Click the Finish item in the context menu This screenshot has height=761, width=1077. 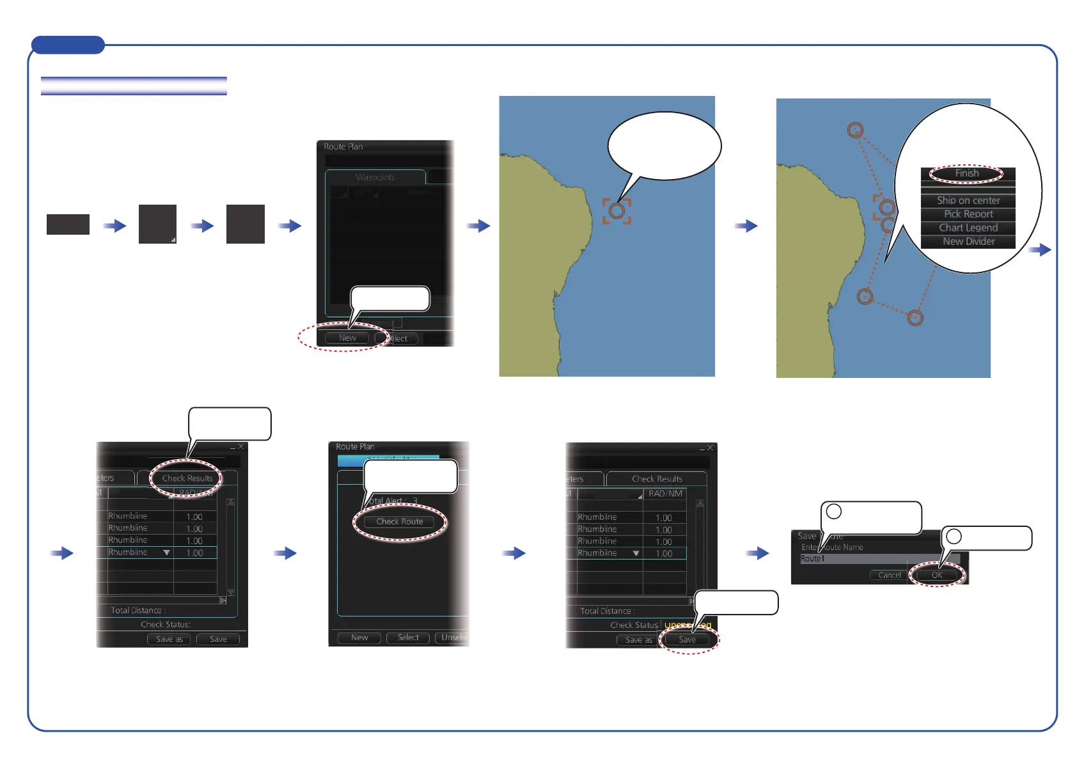coord(966,173)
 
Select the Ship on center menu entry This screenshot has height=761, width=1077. coord(968,200)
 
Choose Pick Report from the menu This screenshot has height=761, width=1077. coord(968,214)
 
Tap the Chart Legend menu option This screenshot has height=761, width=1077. coord(968,228)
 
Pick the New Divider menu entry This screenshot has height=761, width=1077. coord(968,241)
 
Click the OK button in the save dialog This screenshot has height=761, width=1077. coord(936,575)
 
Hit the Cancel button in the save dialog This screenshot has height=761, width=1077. coord(889,575)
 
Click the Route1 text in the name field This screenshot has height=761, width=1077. coord(812,559)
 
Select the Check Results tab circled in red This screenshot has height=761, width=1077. coord(187,478)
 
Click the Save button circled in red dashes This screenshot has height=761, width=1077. coord(687,639)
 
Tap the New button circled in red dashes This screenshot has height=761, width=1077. coord(347,338)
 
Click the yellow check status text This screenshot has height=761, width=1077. coord(688,625)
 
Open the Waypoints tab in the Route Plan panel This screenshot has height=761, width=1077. coord(375,177)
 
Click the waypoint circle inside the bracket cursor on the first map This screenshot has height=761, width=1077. coord(617,211)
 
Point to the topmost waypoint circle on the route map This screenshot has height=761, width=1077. coord(855,130)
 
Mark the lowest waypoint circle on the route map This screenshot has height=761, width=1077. coord(915,318)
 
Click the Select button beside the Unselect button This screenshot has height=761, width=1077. coord(408,638)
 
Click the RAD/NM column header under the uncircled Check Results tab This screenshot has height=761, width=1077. coord(665,494)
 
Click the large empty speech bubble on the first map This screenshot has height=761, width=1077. coord(664,146)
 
